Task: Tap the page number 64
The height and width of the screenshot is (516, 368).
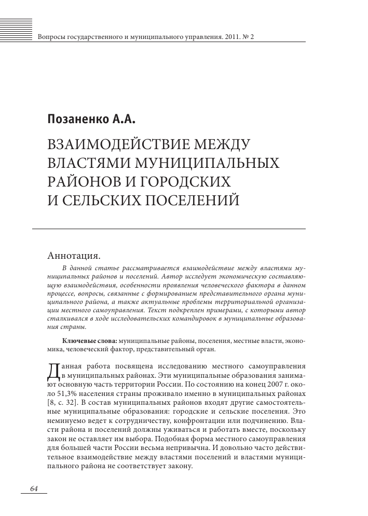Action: point(35,489)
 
